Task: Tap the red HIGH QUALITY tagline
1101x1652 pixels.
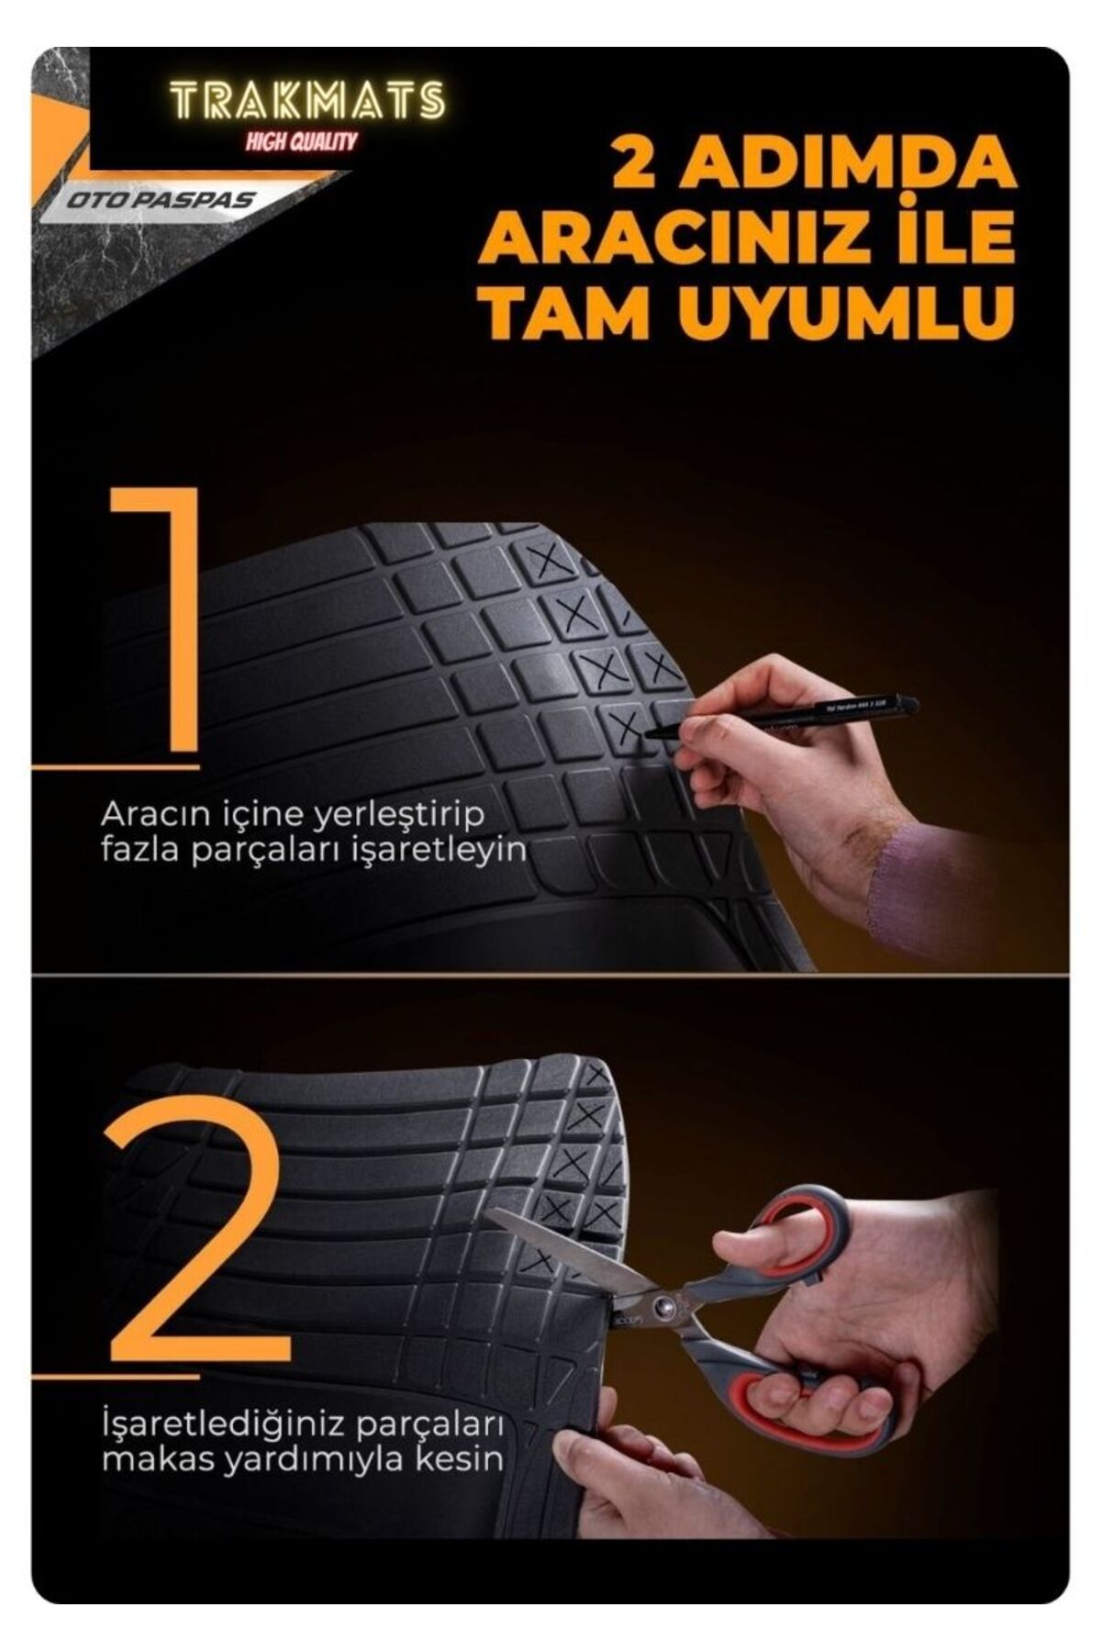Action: click(x=301, y=140)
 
